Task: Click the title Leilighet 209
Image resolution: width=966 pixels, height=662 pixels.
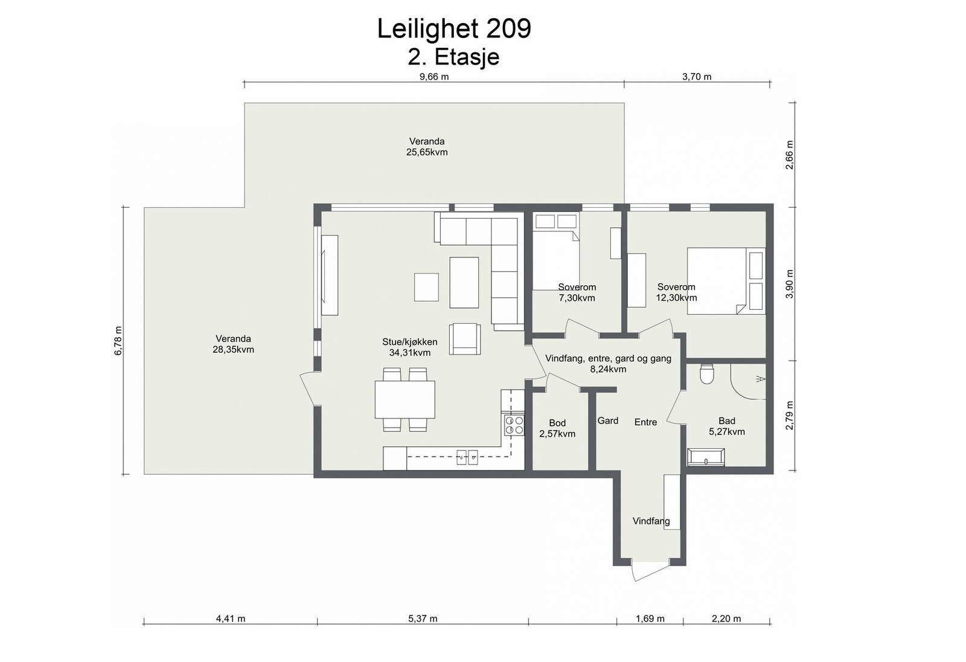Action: tap(454, 29)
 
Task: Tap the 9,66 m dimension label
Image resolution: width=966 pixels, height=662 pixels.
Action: tap(434, 77)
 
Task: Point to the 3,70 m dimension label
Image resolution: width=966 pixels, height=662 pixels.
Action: tap(697, 77)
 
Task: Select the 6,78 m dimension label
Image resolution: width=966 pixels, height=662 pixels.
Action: tap(118, 341)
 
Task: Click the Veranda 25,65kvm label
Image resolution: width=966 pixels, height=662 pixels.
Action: tap(427, 147)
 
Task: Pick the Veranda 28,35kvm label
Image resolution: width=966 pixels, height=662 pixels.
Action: tap(233, 344)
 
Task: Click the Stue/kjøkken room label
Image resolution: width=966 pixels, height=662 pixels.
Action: tap(410, 347)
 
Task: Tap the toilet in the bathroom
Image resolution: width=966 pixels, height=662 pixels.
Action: tap(707, 374)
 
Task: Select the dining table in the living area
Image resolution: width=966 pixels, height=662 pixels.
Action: tap(405, 399)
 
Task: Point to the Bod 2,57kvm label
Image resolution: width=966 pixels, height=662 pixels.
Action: tap(557, 428)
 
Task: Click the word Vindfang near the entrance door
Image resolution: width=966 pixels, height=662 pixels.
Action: tap(651, 521)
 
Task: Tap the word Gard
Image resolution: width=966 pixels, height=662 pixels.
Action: tap(607, 420)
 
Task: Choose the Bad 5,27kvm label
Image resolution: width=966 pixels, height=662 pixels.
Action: tap(727, 426)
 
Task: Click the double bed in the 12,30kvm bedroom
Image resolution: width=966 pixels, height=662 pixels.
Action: tap(726, 281)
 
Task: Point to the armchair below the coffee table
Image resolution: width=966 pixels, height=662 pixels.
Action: tap(465, 339)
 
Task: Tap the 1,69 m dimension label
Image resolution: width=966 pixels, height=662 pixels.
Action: tap(650, 619)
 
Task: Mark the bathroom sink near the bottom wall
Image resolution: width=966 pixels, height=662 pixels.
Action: tap(706, 457)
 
